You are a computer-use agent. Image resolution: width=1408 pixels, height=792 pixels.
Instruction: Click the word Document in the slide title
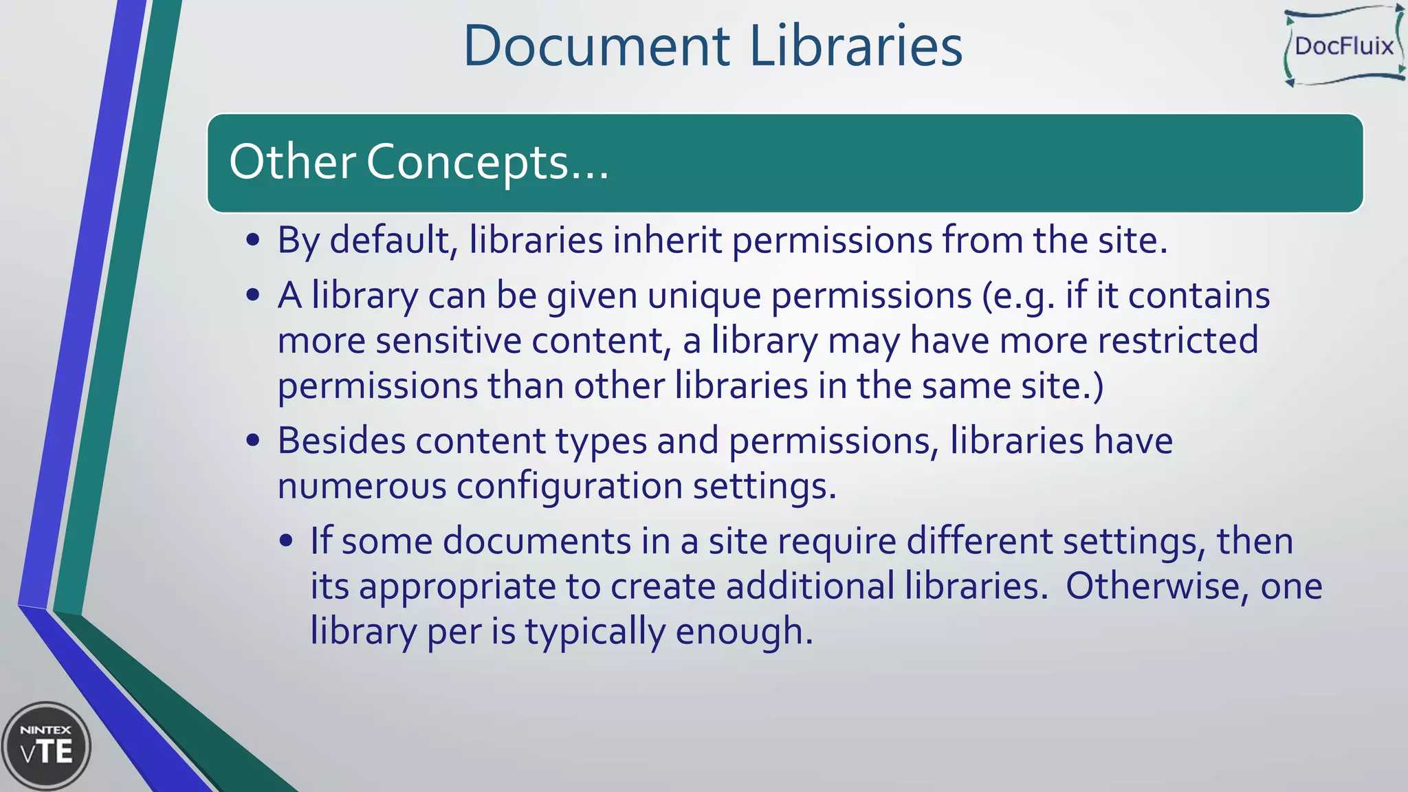(x=596, y=46)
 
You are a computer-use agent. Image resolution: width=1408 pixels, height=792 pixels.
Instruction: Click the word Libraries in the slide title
(x=855, y=46)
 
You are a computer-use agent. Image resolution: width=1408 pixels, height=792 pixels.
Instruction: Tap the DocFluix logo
(x=1344, y=46)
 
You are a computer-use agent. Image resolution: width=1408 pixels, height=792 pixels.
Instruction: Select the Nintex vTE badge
(x=46, y=746)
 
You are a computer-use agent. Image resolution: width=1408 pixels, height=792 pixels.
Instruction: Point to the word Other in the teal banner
(x=291, y=163)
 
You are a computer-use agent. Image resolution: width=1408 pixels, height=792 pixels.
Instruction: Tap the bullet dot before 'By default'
(x=253, y=241)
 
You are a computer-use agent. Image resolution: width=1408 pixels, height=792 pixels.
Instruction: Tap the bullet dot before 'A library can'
(x=253, y=296)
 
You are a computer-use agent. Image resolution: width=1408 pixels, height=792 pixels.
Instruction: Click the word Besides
(x=341, y=441)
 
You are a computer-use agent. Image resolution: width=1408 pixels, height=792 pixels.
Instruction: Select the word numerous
(x=362, y=486)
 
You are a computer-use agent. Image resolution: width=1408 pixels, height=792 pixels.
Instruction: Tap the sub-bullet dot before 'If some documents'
(x=287, y=541)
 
